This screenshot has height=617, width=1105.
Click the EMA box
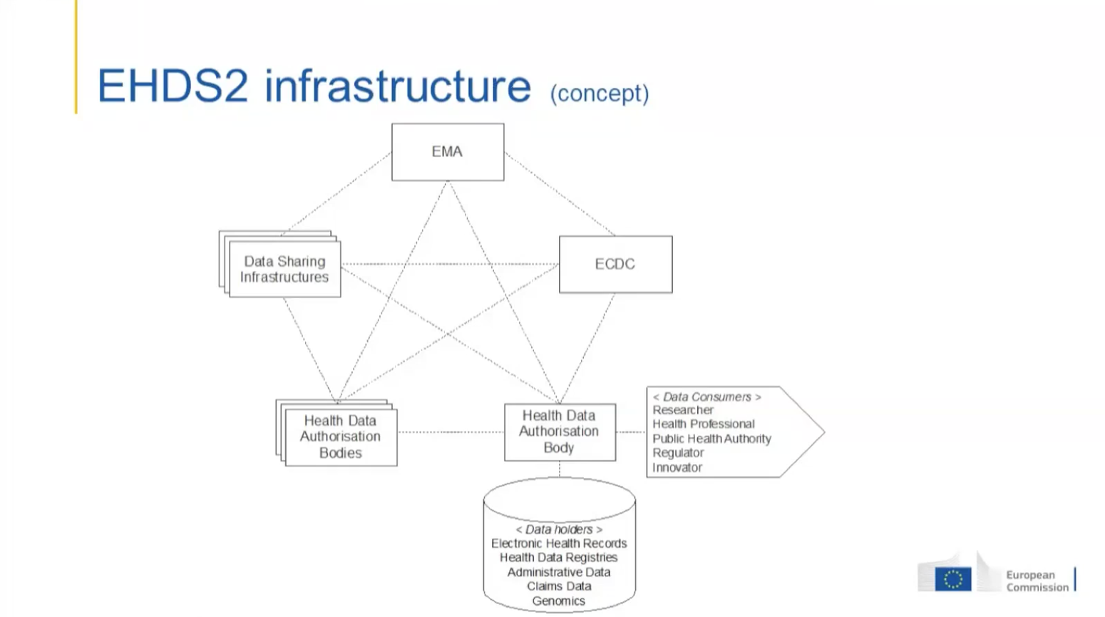point(448,152)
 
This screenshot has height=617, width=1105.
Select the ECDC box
point(616,264)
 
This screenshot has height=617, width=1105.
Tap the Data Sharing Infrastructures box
point(284,269)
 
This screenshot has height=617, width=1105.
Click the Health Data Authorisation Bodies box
point(341,437)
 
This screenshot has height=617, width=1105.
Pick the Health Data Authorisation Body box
point(560,432)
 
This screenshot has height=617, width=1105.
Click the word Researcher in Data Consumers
point(683,410)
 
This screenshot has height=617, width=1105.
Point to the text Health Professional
point(704,424)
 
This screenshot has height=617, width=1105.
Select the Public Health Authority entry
point(712,439)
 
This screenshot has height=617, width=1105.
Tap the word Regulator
point(678,453)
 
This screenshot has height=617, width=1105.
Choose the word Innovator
point(677,467)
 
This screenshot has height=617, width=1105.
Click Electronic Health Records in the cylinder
point(559,544)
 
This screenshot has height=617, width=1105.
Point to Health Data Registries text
point(558,558)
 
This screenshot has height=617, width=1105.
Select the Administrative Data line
point(559,572)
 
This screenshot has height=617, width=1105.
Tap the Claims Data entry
point(559,586)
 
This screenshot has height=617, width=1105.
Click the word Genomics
point(558,601)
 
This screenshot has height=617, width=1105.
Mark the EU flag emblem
point(953,579)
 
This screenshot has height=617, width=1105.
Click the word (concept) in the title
point(600,93)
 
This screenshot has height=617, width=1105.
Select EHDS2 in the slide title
point(173,86)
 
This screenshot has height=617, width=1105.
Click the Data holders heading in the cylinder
point(559,530)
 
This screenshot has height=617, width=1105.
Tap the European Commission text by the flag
point(1037,581)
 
